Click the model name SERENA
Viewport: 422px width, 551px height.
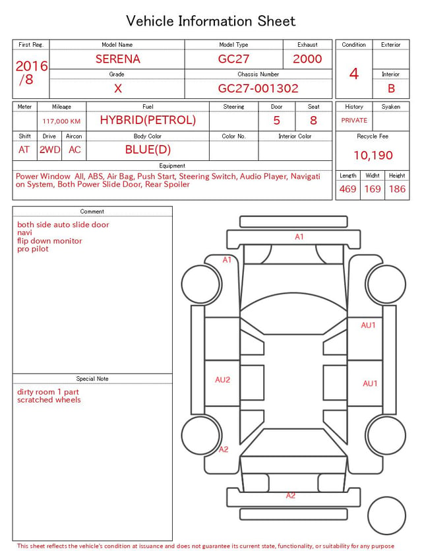coord(118,59)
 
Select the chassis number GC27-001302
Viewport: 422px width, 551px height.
coord(258,88)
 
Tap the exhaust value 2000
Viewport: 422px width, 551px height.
coord(307,59)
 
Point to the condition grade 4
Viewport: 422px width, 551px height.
coord(354,74)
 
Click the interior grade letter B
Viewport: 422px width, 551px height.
coord(391,88)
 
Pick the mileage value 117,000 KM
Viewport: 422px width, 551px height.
coord(61,121)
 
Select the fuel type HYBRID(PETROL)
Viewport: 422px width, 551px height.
coord(148,120)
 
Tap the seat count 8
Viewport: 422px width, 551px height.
coord(313,121)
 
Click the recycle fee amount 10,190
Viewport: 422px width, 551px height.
coord(373,155)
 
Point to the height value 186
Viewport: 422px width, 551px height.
coord(397,189)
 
